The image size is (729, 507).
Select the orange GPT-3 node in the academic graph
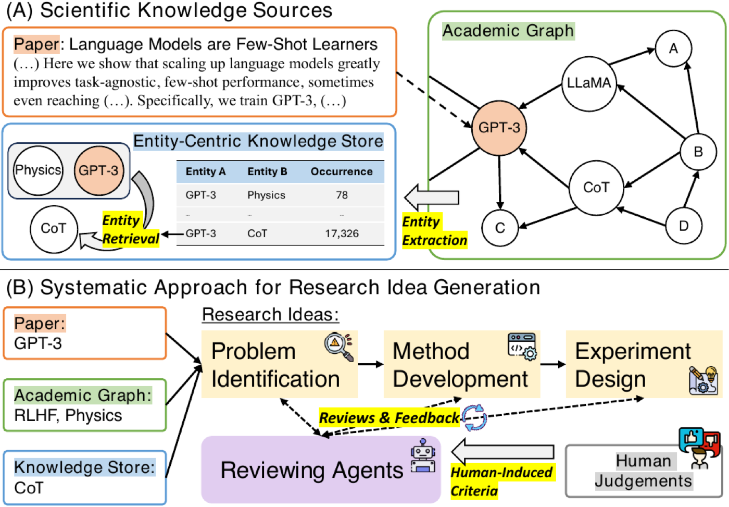point(499,128)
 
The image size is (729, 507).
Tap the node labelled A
point(673,48)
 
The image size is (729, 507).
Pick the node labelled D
point(683,226)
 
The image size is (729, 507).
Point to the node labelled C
point(500,228)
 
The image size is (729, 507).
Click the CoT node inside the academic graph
point(596,188)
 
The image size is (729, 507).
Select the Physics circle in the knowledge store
point(38,170)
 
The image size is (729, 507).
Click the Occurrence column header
point(342,171)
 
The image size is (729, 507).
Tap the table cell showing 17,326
point(342,233)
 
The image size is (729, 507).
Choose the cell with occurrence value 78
point(342,195)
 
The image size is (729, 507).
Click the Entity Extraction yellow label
point(434,231)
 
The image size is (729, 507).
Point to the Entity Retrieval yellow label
point(131,230)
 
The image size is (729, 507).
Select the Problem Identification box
point(280,364)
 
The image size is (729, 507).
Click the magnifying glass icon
point(339,347)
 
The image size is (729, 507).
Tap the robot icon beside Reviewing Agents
point(423,455)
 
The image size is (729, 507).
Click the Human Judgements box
point(644,471)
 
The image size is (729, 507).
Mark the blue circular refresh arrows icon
point(475,418)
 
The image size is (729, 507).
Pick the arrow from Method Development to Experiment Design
point(553,364)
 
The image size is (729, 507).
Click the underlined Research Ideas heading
point(270,315)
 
